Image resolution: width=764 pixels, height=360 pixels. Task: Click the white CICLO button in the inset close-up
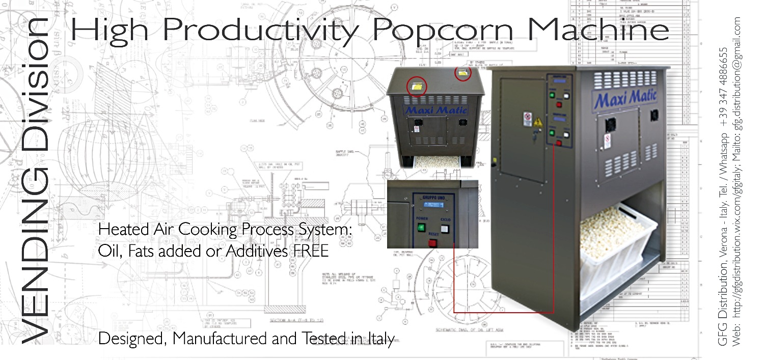click(x=446, y=229)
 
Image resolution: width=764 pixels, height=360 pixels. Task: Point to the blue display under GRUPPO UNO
click(x=433, y=206)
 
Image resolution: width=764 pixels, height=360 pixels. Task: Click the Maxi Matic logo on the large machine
click(x=625, y=97)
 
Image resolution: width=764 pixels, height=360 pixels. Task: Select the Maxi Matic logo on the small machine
click(x=432, y=109)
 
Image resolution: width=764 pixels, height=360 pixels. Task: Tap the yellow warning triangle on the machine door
click(x=538, y=123)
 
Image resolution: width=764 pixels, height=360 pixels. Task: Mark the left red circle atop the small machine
click(x=417, y=88)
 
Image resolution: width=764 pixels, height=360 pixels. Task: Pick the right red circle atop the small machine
click(x=463, y=74)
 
